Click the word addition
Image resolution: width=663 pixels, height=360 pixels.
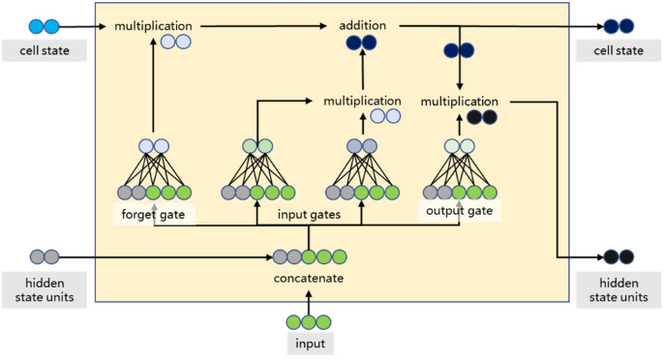(x=363, y=24)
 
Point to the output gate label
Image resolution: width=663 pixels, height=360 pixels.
(x=458, y=210)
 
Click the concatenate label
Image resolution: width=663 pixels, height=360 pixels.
(x=309, y=279)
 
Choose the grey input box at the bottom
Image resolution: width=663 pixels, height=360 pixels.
(x=308, y=344)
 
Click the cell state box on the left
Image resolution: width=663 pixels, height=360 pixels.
(x=45, y=50)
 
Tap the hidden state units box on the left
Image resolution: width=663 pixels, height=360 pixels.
(x=45, y=289)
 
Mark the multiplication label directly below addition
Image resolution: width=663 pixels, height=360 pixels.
(x=362, y=101)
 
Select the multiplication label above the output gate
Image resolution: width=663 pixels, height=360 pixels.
(x=459, y=101)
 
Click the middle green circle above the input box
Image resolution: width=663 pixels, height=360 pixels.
(x=309, y=321)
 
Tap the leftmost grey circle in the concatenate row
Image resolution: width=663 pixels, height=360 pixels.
(x=280, y=257)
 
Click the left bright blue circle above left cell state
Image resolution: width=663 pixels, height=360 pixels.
(x=37, y=26)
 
